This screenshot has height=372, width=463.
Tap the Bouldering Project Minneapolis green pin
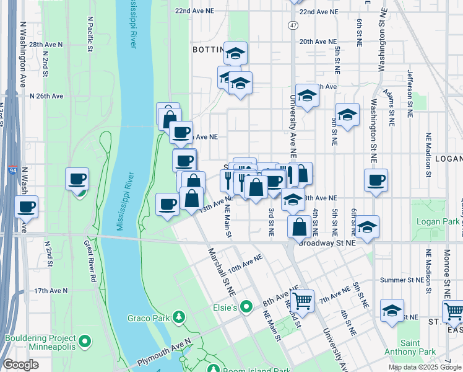pos(85,342)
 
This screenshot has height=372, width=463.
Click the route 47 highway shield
pos(293,25)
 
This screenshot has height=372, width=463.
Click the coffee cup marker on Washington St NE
pos(376,180)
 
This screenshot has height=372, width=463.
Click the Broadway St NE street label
pos(327,243)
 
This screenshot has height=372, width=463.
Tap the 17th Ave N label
pos(50,290)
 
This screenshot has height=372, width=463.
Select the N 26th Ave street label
pos(46,96)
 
